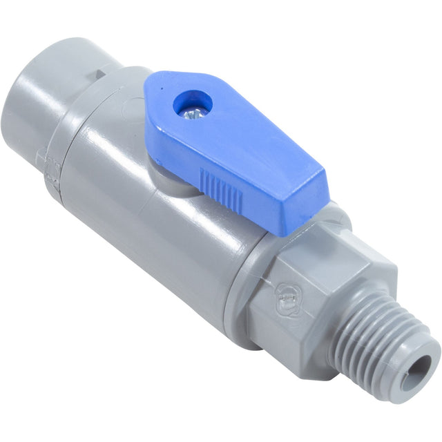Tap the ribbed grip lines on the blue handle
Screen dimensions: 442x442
click(x=220, y=190)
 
